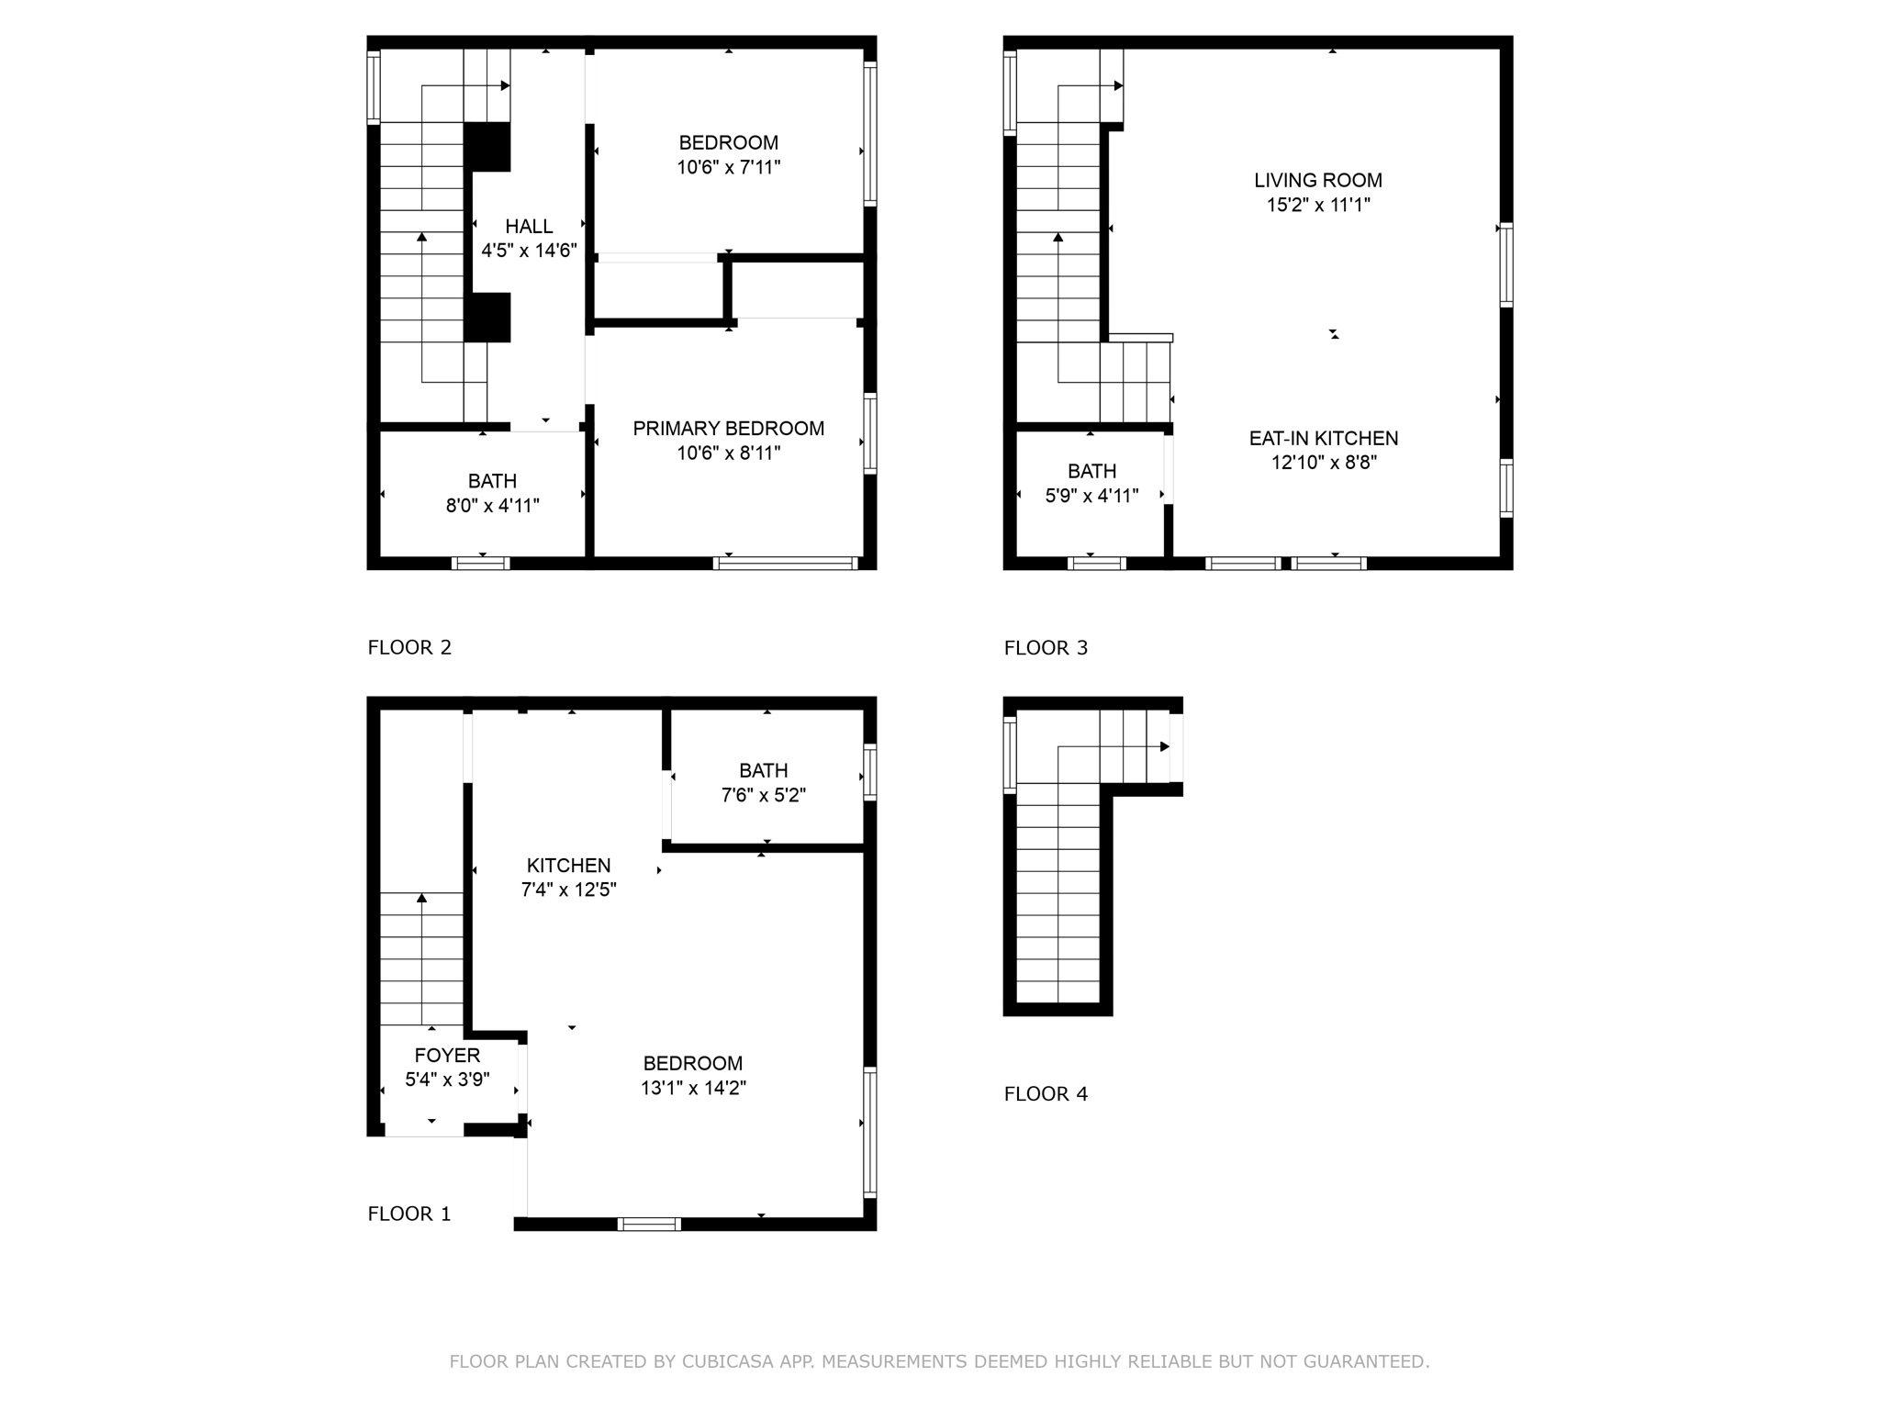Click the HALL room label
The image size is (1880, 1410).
pyautogui.click(x=529, y=226)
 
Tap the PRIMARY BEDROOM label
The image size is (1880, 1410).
pyautogui.click(x=728, y=429)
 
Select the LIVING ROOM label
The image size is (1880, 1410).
pyautogui.click(x=1318, y=181)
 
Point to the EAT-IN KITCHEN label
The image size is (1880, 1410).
pyautogui.click(x=1323, y=439)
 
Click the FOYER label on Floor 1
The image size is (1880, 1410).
pyautogui.click(x=447, y=1056)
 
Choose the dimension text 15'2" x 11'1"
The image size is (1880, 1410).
pyautogui.click(x=1318, y=206)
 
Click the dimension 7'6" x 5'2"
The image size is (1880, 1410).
pyautogui.click(x=763, y=796)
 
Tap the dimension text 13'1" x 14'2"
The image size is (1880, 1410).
pyautogui.click(x=693, y=1089)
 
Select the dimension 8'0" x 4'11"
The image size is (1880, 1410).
pyautogui.click(x=492, y=506)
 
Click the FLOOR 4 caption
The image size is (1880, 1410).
pyautogui.click(x=1046, y=1094)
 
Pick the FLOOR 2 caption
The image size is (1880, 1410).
pyautogui.click(x=409, y=648)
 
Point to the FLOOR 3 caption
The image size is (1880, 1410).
pyautogui.click(x=1046, y=648)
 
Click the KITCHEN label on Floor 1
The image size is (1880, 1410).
pyautogui.click(x=568, y=866)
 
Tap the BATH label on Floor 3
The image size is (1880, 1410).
pyautogui.click(x=1091, y=472)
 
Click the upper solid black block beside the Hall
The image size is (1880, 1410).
pyautogui.click(x=487, y=147)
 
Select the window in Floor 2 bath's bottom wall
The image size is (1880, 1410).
pyautogui.click(x=481, y=564)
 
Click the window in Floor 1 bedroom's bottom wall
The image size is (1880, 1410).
pyautogui.click(x=649, y=1224)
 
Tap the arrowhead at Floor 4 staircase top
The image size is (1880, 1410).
pyautogui.click(x=1165, y=746)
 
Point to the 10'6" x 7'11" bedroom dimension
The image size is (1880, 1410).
pyautogui.click(x=728, y=168)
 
